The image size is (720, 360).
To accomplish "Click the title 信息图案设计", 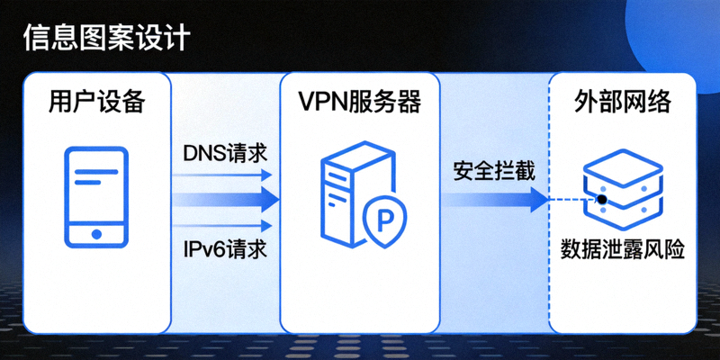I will [x=106, y=39].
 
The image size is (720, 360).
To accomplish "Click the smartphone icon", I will [x=96, y=197].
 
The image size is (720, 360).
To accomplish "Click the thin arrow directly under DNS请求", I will [x=225, y=176].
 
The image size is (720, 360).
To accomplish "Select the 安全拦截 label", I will [x=494, y=170].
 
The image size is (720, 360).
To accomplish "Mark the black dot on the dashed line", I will [x=600, y=199].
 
